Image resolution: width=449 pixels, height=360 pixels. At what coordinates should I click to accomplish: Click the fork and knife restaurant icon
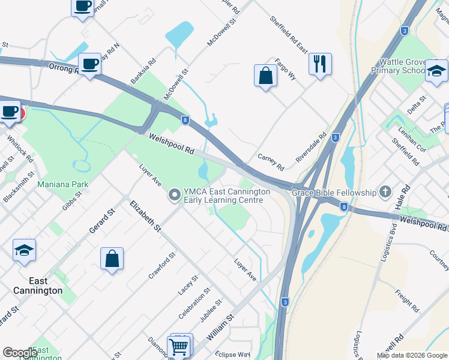point(320,63)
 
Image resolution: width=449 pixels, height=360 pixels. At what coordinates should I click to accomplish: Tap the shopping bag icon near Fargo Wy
point(265,76)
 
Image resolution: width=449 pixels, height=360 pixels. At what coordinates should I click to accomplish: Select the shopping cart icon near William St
point(180,346)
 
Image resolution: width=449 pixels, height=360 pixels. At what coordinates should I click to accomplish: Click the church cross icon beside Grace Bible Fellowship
point(385,193)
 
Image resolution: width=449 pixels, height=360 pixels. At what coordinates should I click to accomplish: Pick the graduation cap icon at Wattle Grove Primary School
point(436,70)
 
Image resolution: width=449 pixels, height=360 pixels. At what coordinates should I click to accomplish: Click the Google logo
point(20,353)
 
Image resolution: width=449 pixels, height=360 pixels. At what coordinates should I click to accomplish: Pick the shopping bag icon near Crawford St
point(112,259)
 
